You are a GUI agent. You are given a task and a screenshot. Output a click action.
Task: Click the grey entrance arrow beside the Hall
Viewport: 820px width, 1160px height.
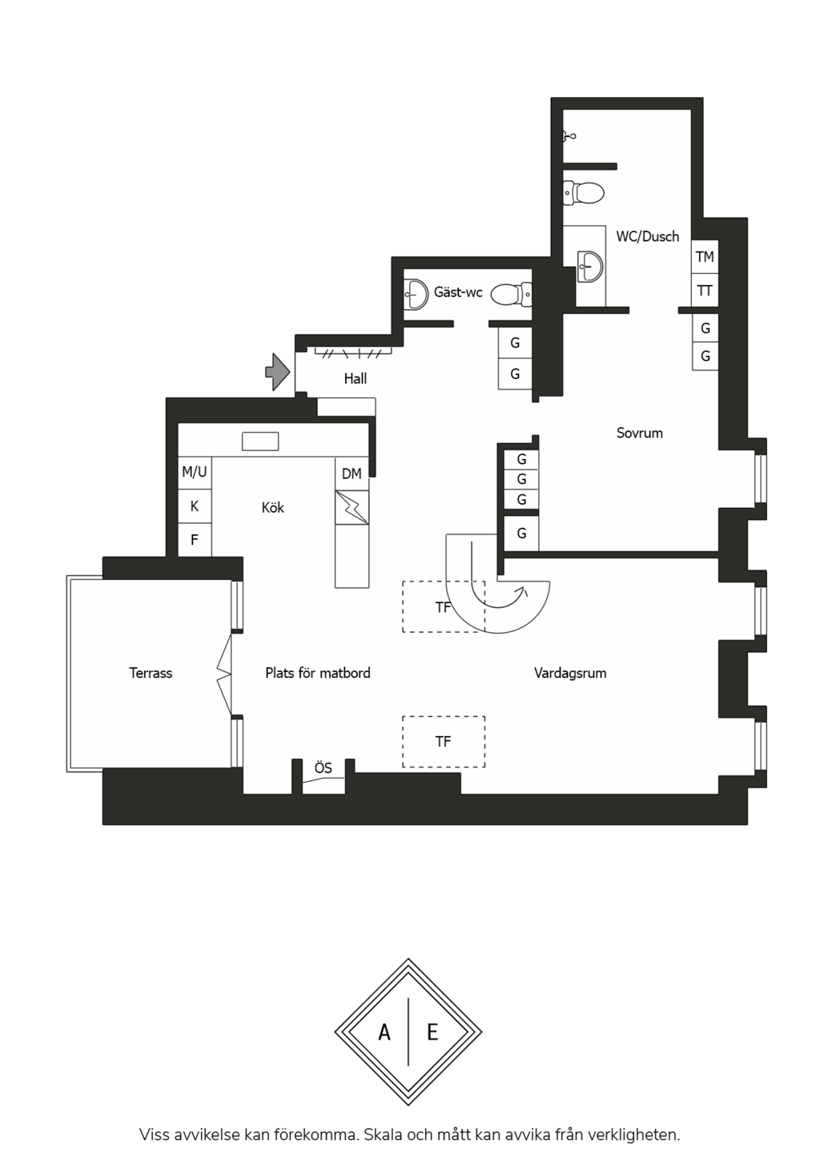click(278, 372)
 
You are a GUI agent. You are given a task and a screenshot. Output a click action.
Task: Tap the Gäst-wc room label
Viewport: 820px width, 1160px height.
click(458, 292)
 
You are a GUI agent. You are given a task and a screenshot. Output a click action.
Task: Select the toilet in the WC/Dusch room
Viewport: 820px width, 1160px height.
click(584, 192)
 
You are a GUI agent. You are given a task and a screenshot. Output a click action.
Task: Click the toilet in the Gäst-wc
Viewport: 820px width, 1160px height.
click(512, 295)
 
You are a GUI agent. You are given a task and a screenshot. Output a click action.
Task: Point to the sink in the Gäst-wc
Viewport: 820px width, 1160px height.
click(415, 294)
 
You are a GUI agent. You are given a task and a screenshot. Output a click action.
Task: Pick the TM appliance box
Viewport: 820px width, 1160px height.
click(705, 257)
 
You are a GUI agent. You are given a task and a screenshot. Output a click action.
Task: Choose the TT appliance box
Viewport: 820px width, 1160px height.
click(705, 291)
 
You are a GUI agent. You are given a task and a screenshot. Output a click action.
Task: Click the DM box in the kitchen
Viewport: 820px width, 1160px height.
click(352, 473)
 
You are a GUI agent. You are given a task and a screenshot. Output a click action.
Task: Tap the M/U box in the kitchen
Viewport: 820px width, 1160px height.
click(195, 473)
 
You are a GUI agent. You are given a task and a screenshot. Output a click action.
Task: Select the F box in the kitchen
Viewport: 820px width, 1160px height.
click(195, 540)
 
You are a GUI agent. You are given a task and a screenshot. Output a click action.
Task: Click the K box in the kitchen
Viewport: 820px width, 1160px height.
click(195, 506)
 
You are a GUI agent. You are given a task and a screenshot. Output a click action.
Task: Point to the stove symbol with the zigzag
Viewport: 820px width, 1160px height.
click(352, 508)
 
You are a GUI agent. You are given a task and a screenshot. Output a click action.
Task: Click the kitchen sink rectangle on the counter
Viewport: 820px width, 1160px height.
click(260, 441)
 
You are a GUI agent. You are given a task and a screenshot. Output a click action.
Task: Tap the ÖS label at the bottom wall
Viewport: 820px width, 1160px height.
click(324, 768)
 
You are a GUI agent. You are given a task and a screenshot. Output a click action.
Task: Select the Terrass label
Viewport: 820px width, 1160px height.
click(151, 673)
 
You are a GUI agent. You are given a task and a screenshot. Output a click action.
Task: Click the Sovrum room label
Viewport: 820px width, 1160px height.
click(639, 433)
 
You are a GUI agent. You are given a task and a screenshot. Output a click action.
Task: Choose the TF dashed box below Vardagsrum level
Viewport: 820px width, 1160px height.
click(444, 742)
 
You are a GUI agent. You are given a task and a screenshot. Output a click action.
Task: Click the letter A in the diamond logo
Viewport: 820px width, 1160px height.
click(384, 1033)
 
